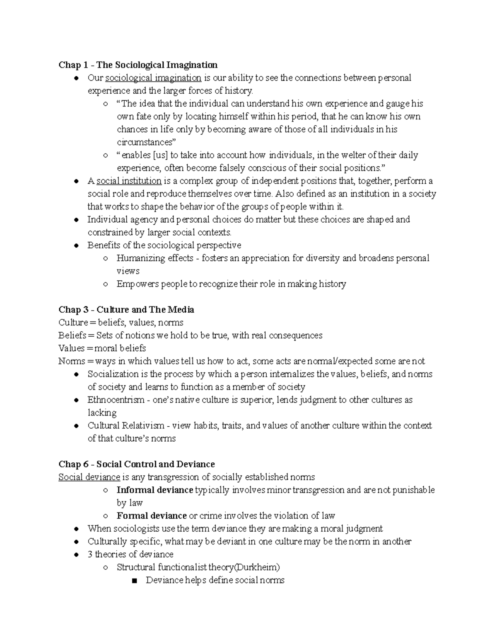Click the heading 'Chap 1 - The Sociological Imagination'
[x=138, y=65]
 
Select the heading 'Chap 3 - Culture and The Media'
[x=126, y=310]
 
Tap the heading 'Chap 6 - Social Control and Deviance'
[x=137, y=464]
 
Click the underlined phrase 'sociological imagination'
[x=153, y=78]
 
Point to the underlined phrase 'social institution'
[x=129, y=181]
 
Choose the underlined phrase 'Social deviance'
[x=89, y=477]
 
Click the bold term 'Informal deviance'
[x=155, y=490]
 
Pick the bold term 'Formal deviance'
[x=152, y=515]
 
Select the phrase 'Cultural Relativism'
[x=126, y=425]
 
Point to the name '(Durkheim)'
[x=257, y=567]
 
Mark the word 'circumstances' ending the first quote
[x=145, y=142]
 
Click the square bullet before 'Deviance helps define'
[x=133, y=581]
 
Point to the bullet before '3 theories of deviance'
[x=76, y=555]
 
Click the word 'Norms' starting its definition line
[x=71, y=361]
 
